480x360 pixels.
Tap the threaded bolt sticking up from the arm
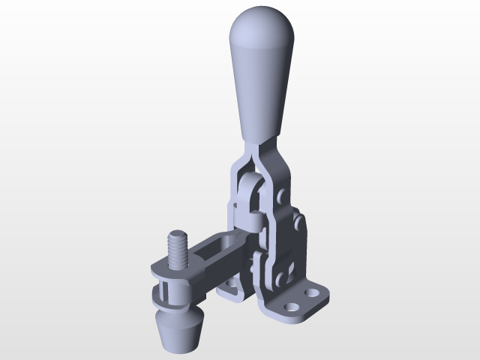coord(178,250)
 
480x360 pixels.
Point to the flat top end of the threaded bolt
coord(178,235)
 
